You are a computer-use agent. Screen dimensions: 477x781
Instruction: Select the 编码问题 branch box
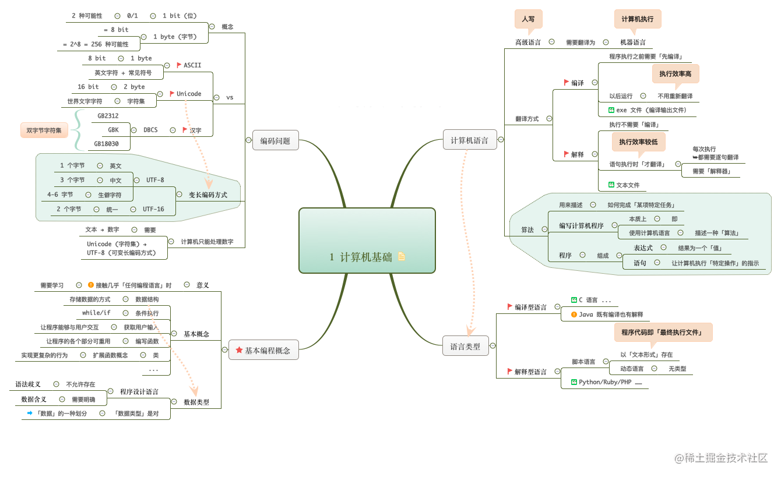coord(275,140)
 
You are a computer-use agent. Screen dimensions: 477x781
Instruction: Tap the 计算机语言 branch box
coord(469,140)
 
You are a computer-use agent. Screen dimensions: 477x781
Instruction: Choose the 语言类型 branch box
coord(465,346)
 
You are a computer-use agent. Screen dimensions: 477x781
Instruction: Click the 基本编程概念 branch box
coord(263,350)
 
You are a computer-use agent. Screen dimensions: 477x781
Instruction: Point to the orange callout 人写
coord(528,19)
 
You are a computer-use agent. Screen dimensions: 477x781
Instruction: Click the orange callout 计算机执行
coord(637,19)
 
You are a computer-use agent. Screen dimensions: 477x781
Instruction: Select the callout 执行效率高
coord(675,74)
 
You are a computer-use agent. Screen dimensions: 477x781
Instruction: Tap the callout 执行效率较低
coord(638,142)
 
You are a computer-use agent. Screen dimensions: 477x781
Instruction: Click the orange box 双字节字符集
coord(44,130)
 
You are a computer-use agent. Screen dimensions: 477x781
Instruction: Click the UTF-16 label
coord(153,209)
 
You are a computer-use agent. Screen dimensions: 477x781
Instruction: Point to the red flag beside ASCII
coord(179,65)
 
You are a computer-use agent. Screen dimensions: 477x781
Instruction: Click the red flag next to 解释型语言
coord(509,371)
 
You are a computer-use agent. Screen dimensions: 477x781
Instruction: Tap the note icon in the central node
coord(402,256)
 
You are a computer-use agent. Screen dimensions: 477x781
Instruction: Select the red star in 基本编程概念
coord(239,350)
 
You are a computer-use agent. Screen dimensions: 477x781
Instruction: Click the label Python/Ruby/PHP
coord(605,382)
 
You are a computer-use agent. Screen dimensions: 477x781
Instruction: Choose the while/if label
coord(96,313)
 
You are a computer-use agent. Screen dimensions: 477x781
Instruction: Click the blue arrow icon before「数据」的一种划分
coord(30,413)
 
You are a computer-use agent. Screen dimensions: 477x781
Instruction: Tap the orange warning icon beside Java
coord(574,315)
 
